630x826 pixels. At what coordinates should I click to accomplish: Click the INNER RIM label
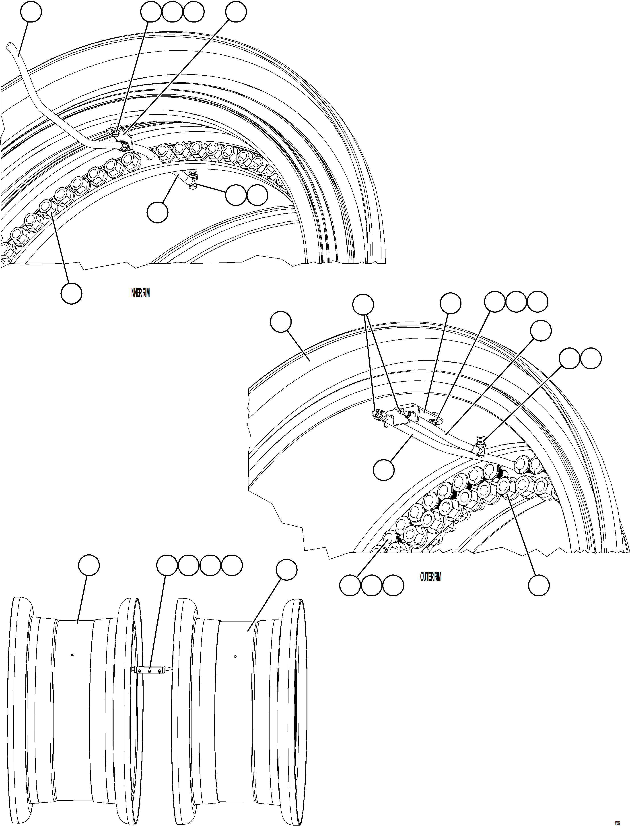tap(140, 293)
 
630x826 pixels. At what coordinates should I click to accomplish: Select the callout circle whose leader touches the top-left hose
tap(31, 12)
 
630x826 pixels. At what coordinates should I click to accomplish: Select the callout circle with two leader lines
tap(363, 304)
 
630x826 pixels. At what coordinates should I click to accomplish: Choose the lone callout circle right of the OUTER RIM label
tap(539, 585)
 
